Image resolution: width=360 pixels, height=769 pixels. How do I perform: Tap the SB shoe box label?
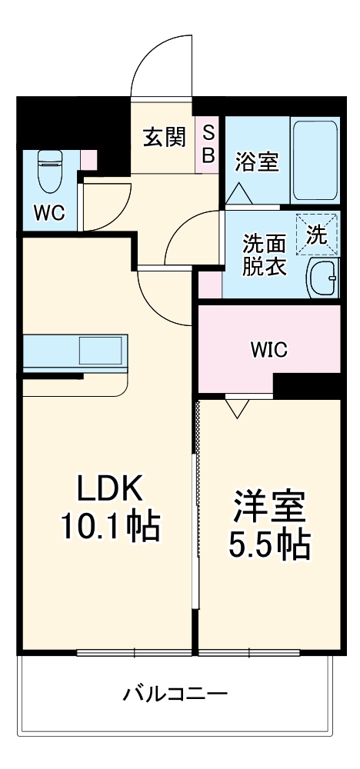(x=208, y=142)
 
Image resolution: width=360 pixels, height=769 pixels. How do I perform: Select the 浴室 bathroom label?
(x=257, y=162)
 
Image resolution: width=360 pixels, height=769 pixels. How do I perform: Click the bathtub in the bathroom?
(x=315, y=159)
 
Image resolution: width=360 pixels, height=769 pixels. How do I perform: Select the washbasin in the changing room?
(x=322, y=278)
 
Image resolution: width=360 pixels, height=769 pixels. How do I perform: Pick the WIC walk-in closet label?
(x=268, y=349)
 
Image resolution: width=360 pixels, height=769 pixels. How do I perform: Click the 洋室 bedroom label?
(x=269, y=506)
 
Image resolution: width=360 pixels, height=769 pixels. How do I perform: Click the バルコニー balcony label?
(x=176, y=695)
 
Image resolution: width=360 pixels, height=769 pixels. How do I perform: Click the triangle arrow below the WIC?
(x=236, y=408)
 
